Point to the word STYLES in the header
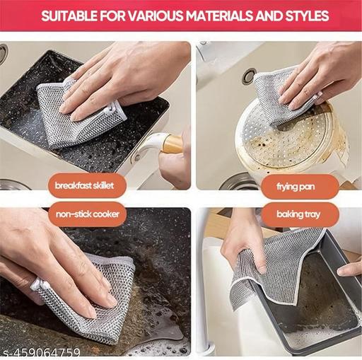[304, 16]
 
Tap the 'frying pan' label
[299, 186]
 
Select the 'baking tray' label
[299, 213]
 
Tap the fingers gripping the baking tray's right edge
[350, 269]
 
